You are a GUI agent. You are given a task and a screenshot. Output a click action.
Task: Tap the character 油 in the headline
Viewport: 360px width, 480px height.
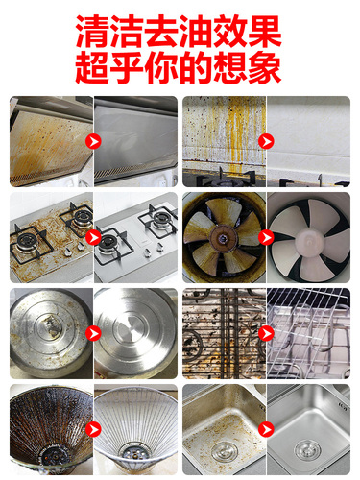196,31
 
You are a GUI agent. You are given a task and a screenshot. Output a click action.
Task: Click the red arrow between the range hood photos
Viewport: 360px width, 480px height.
93,141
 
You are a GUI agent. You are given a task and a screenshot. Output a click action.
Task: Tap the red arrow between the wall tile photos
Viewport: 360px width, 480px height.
266,141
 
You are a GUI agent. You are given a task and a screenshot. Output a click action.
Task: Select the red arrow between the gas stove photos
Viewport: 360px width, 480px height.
93,237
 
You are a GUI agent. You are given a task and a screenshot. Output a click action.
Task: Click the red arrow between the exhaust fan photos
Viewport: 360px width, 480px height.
266,237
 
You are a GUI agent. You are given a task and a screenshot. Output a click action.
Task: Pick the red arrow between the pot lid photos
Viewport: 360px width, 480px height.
93,333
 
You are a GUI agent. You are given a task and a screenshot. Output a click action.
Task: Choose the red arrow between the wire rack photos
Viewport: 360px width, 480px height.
266,333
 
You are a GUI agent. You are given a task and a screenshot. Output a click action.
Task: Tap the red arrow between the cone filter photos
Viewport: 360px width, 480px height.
93,429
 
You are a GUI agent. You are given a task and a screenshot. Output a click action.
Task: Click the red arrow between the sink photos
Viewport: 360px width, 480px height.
266,429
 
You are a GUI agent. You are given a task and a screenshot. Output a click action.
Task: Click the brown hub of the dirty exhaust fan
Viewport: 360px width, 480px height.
222,238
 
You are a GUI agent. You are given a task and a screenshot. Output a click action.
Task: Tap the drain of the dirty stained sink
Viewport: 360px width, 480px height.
225,452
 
